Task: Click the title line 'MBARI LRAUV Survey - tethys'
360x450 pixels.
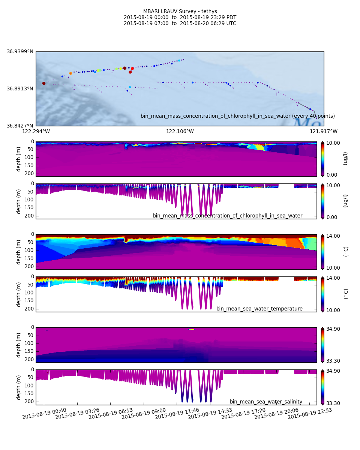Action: click(x=180, y=12)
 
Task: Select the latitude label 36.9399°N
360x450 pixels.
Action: click(x=20, y=52)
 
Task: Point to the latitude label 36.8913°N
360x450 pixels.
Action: click(x=20, y=89)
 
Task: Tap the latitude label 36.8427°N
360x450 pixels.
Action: click(x=20, y=126)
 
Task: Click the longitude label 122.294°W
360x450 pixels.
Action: click(x=36, y=131)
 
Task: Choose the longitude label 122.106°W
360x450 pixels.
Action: click(x=180, y=131)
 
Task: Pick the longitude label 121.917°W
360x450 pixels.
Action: click(x=324, y=131)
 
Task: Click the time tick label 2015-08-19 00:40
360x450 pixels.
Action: click(x=44, y=414)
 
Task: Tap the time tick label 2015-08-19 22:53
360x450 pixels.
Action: click(x=310, y=414)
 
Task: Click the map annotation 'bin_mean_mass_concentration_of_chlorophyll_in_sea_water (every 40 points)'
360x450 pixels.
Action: click(x=238, y=116)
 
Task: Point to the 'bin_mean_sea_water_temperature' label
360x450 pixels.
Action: click(x=259, y=309)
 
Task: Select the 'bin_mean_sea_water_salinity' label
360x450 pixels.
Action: click(x=266, y=402)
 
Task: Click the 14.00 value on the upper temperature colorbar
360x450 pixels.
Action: click(x=332, y=236)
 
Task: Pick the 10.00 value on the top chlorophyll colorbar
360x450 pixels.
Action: click(x=332, y=143)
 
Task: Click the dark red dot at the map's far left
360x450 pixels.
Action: click(x=44, y=83)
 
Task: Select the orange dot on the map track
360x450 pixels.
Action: click(x=70, y=73)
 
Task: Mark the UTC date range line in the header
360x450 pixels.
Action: click(x=180, y=24)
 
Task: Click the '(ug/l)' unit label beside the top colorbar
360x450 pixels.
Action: click(x=345, y=159)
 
